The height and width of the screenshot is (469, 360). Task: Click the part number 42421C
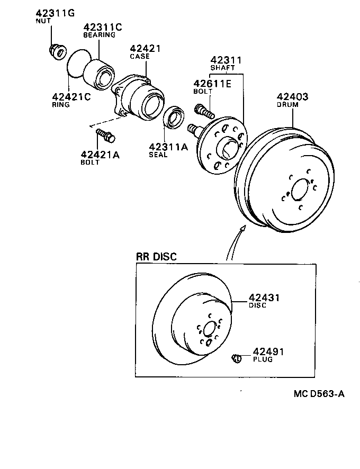71,96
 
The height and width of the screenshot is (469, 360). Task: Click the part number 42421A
100,154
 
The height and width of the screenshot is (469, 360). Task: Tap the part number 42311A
168,147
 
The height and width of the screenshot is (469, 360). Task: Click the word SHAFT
222,68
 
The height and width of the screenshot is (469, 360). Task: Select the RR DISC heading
157,257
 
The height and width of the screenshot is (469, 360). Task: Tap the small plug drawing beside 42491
236,358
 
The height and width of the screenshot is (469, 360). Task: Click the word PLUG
263,359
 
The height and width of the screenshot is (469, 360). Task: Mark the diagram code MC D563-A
319,394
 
